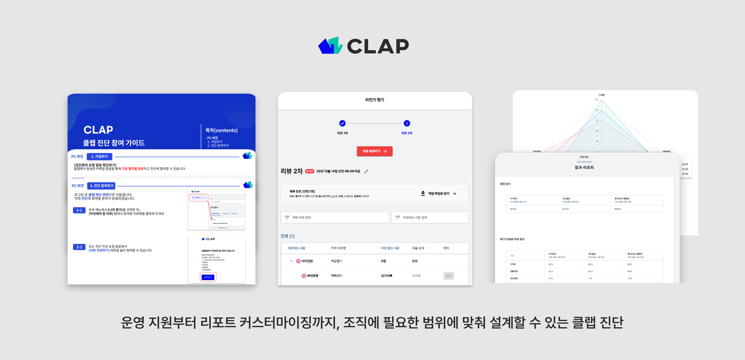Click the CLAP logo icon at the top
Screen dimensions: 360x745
pos(330,46)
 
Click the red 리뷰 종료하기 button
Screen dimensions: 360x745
pos(374,151)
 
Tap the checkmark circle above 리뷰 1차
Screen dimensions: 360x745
pos(342,123)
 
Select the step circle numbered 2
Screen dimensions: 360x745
pos(407,123)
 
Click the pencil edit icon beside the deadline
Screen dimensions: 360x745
pos(366,171)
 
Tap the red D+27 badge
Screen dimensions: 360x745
pos(310,171)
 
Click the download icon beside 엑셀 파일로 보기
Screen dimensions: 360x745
pos(423,193)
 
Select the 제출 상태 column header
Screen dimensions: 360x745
pos(418,248)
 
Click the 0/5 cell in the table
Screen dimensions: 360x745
pos(415,261)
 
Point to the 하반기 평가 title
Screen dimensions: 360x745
pos(374,100)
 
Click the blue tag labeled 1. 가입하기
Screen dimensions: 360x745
pos(99,157)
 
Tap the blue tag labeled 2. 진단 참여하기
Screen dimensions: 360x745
pos(102,186)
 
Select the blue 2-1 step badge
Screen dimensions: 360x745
pos(79,210)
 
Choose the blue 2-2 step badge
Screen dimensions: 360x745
pos(79,247)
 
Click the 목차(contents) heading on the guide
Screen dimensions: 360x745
pos(221,130)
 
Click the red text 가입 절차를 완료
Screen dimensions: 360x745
pos(132,169)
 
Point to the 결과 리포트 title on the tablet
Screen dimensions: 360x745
pos(584,168)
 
